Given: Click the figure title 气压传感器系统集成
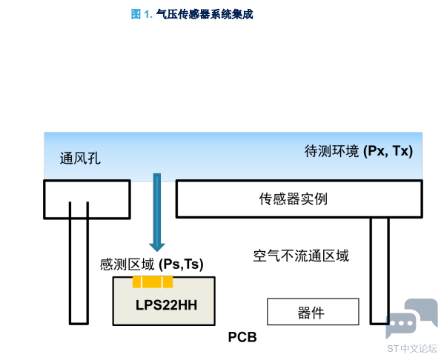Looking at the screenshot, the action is click(x=205, y=14).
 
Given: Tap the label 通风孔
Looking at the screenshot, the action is click(x=80, y=159).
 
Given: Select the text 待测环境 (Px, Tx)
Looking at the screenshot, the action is click(x=359, y=151).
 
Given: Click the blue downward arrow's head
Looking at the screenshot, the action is click(x=157, y=247).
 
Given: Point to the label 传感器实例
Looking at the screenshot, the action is click(x=294, y=199).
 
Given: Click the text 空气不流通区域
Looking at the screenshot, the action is click(x=301, y=256).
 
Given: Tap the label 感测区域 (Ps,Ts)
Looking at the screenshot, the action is click(x=152, y=264).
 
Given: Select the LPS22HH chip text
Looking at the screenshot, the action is click(x=166, y=305).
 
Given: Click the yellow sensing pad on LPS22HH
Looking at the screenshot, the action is click(x=153, y=282).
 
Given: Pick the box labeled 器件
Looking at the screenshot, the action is click(x=314, y=312).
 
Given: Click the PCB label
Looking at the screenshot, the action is click(x=242, y=337).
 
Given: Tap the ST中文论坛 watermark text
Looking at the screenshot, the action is click(x=412, y=348).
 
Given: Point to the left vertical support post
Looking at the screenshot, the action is click(x=79, y=263).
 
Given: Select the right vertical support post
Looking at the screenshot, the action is click(x=380, y=270).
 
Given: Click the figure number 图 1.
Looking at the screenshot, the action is click(x=142, y=14).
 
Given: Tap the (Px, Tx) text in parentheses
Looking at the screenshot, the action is click(x=388, y=151).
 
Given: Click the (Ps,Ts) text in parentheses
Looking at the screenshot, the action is click(x=181, y=264).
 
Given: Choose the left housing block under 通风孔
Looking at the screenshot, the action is click(x=87, y=199).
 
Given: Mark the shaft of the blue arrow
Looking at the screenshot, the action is click(x=157, y=209).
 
